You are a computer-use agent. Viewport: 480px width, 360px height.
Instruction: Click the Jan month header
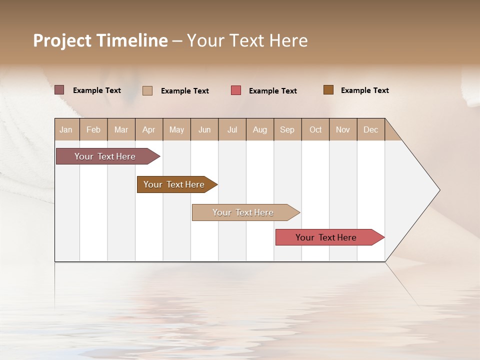pos(66,129)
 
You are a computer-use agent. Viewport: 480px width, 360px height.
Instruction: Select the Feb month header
pos(93,129)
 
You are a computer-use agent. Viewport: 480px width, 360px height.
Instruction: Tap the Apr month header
pos(149,129)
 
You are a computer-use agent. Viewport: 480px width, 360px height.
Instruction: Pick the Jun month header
pos(204,129)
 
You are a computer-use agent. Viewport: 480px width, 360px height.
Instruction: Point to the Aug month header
pos(260,129)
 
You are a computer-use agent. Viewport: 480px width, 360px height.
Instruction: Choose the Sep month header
pos(287,129)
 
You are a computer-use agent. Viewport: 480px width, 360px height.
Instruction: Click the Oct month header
pos(315,129)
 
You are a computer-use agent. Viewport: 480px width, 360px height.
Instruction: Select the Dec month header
pos(371,129)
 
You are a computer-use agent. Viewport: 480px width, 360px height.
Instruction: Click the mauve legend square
pos(59,90)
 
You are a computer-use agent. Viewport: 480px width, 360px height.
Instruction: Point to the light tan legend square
pos(147,90)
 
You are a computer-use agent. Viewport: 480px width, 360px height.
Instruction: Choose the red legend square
pos(236,90)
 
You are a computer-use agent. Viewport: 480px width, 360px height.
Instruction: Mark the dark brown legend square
pos(328,90)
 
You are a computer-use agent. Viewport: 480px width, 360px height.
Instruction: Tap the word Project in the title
pos(62,40)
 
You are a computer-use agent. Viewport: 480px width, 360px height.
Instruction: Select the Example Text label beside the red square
pos(273,91)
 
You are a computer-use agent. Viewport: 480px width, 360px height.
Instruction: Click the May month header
pos(176,129)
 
